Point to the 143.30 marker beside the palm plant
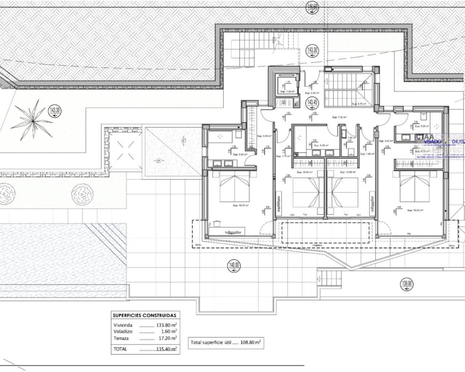[53, 110]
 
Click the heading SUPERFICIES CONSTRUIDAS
[144, 315]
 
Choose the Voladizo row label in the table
[123, 332]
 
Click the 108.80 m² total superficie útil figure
[250, 342]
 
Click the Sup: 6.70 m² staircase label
[359, 104]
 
